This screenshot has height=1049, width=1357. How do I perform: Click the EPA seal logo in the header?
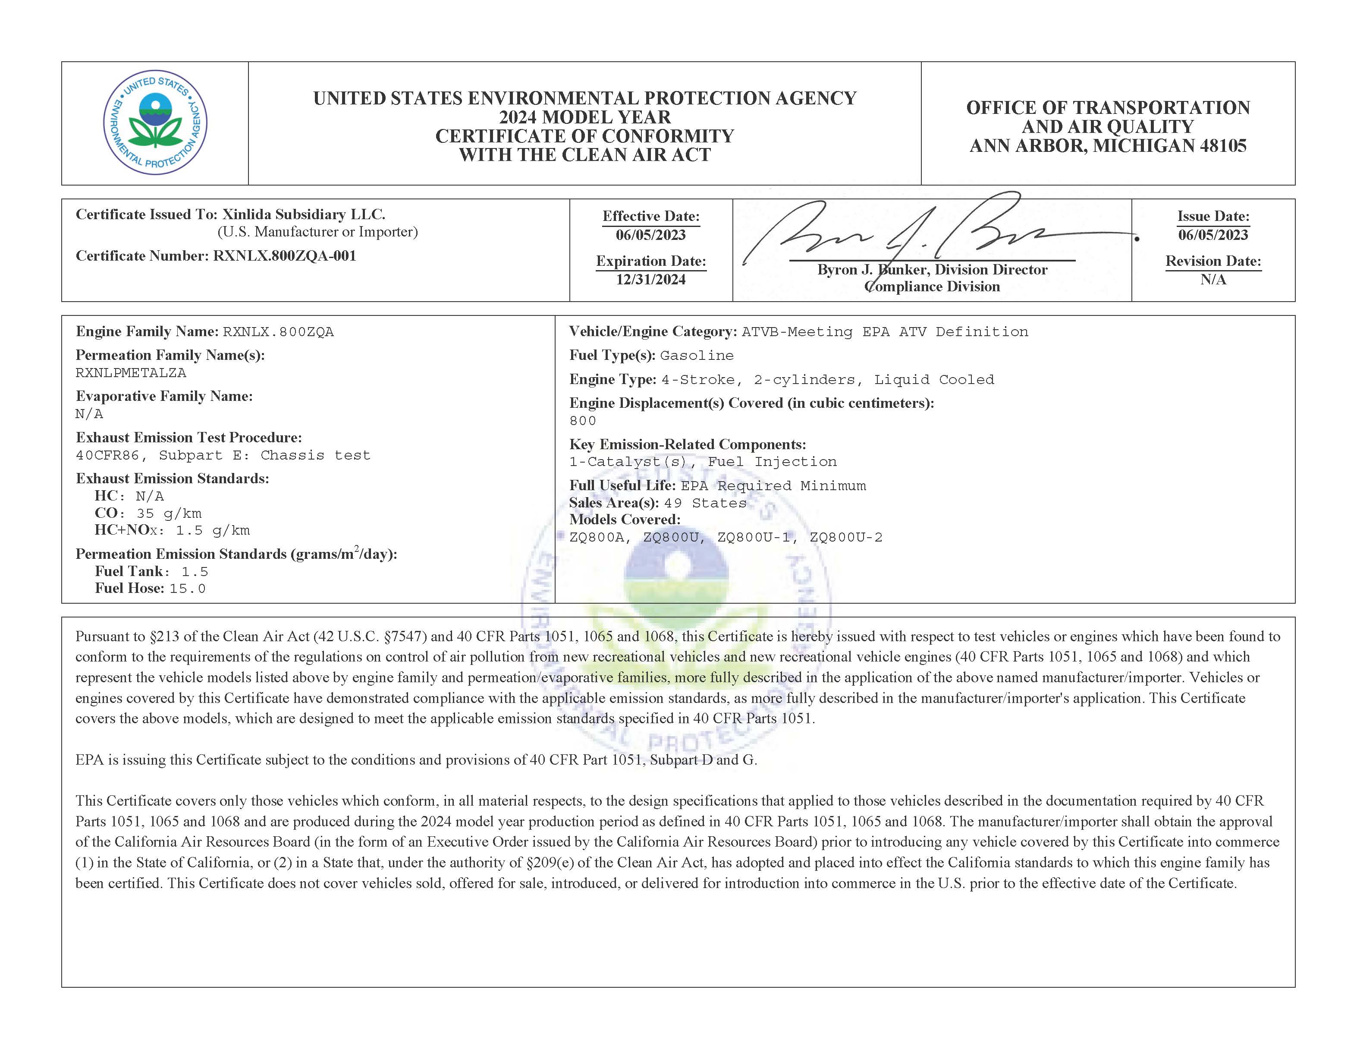point(155,123)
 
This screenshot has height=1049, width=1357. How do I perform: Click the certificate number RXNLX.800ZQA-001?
point(285,256)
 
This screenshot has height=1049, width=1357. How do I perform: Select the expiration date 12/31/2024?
point(650,280)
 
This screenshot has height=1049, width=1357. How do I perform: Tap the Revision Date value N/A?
point(1213,280)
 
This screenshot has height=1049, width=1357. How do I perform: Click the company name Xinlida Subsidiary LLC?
point(304,214)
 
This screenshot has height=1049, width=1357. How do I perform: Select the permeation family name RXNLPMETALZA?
point(130,373)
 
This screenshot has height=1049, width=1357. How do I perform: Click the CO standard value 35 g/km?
point(168,513)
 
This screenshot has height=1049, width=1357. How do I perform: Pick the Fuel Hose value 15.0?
point(187,589)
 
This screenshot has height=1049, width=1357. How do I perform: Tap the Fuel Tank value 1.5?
point(195,572)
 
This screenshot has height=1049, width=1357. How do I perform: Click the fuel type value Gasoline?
point(697,356)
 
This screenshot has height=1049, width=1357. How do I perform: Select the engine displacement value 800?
point(583,421)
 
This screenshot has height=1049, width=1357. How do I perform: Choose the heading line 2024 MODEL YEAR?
point(584,117)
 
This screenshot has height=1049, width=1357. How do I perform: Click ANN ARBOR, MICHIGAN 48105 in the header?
point(1108,146)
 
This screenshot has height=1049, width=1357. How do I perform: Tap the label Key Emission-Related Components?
point(687,444)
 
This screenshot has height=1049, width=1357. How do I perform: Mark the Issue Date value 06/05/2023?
point(1213,235)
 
